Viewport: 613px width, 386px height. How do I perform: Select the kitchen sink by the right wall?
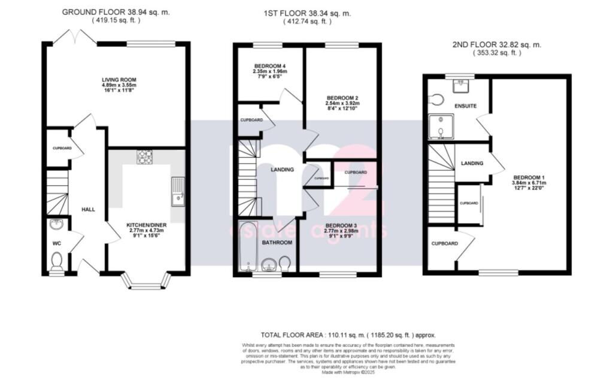(178, 192)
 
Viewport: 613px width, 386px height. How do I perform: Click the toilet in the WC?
(57, 261)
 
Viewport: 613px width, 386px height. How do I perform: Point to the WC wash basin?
(56, 225)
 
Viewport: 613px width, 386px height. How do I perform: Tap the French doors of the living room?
(83, 37)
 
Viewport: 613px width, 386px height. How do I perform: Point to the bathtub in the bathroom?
(247, 247)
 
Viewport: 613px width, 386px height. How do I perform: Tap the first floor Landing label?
(282, 170)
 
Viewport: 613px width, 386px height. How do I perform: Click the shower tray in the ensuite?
(441, 127)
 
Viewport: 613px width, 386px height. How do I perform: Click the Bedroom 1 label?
(528, 177)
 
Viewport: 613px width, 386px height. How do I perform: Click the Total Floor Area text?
(348, 335)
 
